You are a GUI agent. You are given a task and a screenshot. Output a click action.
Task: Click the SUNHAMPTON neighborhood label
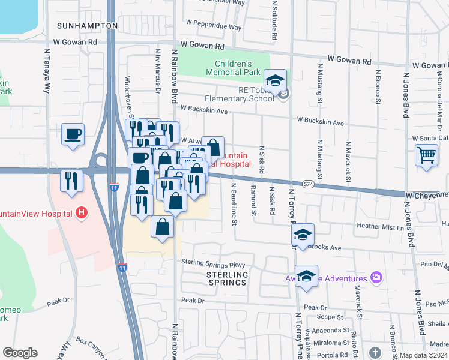click(88, 26)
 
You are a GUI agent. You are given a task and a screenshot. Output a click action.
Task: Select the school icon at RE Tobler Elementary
click(275, 80)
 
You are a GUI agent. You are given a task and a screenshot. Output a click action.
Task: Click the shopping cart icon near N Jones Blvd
click(426, 155)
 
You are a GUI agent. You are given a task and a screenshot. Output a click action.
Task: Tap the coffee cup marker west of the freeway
click(73, 134)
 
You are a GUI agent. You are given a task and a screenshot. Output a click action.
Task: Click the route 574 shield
click(308, 184)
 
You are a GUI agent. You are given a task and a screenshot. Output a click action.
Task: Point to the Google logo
click(20, 352)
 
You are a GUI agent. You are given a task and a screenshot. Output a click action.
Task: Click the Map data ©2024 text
click(423, 355)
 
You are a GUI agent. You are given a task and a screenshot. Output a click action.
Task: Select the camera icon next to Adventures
click(376, 278)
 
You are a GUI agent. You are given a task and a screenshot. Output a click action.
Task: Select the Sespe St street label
click(331, 317)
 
